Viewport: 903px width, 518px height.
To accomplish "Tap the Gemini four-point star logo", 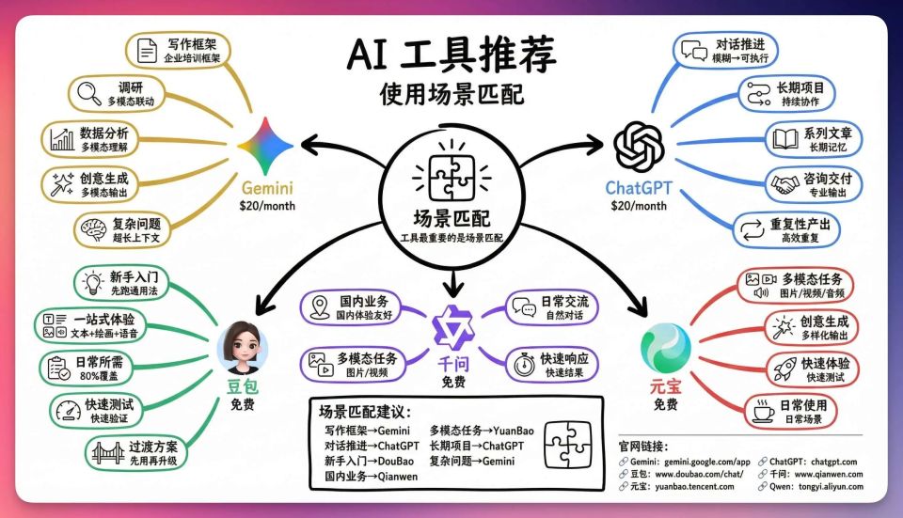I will coord(265,146).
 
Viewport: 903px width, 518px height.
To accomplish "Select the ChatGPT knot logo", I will coord(638,146).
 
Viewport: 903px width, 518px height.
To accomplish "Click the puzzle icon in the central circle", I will coord(451,175).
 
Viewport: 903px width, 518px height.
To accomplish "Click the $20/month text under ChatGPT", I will coord(639,206).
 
